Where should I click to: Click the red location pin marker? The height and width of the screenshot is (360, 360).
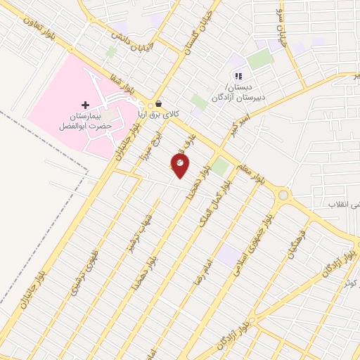point(180,166)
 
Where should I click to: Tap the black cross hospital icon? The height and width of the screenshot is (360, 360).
point(86,104)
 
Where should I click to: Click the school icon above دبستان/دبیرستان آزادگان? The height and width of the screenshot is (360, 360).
point(238,76)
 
